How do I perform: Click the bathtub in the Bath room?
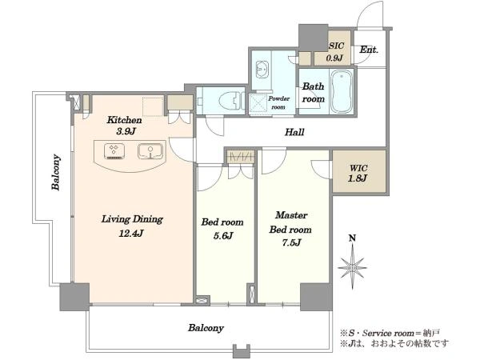point(342,92)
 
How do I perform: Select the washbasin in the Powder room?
point(262,70)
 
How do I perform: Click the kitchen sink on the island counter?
point(150,151)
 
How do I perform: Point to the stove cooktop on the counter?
point(114,151)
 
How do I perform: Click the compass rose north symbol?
point(352,267)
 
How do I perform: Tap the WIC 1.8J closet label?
point(358,173)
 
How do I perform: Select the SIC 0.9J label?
point(335,51)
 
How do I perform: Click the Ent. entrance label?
point(369,50)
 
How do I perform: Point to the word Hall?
point(294,132)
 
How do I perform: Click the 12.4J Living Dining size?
point(131,234)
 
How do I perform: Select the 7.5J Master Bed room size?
point(291,242)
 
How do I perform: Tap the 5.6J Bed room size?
point(223,236)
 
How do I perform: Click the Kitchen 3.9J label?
point(124,126)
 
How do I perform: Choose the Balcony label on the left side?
point(56,172)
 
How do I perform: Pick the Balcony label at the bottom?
point(206,328)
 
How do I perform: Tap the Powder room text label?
point(278,103)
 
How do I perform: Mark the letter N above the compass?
point(353,238)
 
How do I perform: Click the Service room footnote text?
point(390,333)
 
